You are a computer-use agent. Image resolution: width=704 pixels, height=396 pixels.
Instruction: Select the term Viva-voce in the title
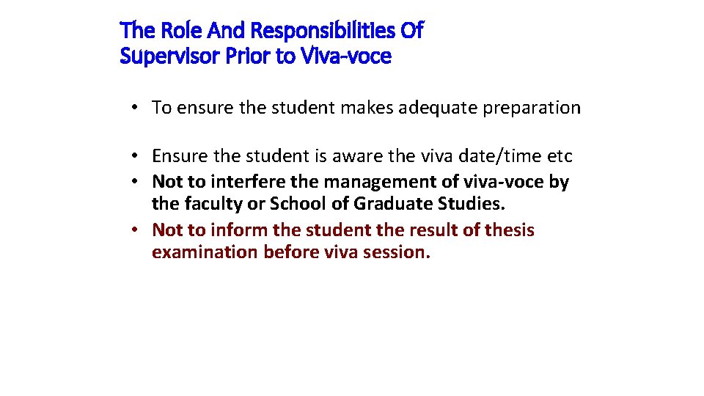[345, 56]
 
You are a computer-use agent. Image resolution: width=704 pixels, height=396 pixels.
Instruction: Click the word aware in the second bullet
[357, 156]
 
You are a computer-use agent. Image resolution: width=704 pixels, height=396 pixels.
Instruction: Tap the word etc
[560, 156]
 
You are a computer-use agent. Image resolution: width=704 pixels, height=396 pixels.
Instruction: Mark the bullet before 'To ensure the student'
[136, 108]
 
